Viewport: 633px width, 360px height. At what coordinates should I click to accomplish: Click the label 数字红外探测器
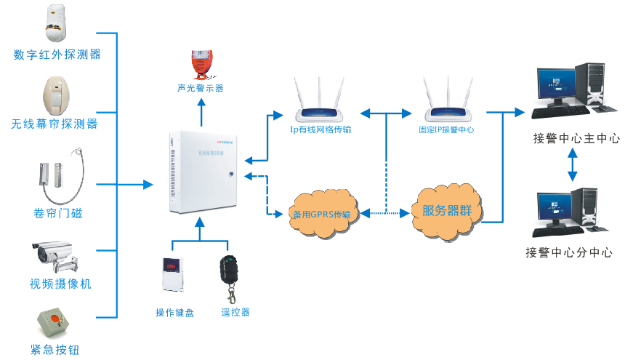point(57,55)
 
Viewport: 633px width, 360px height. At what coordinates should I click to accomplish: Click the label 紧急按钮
point(55,350)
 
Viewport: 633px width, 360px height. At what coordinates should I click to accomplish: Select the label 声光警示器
point(200,88)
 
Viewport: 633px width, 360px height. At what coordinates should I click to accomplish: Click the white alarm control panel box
point(200,172)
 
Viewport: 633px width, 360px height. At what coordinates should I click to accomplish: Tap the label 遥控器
point(235,313)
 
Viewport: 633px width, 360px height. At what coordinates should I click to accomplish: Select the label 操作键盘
point(174,313)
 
